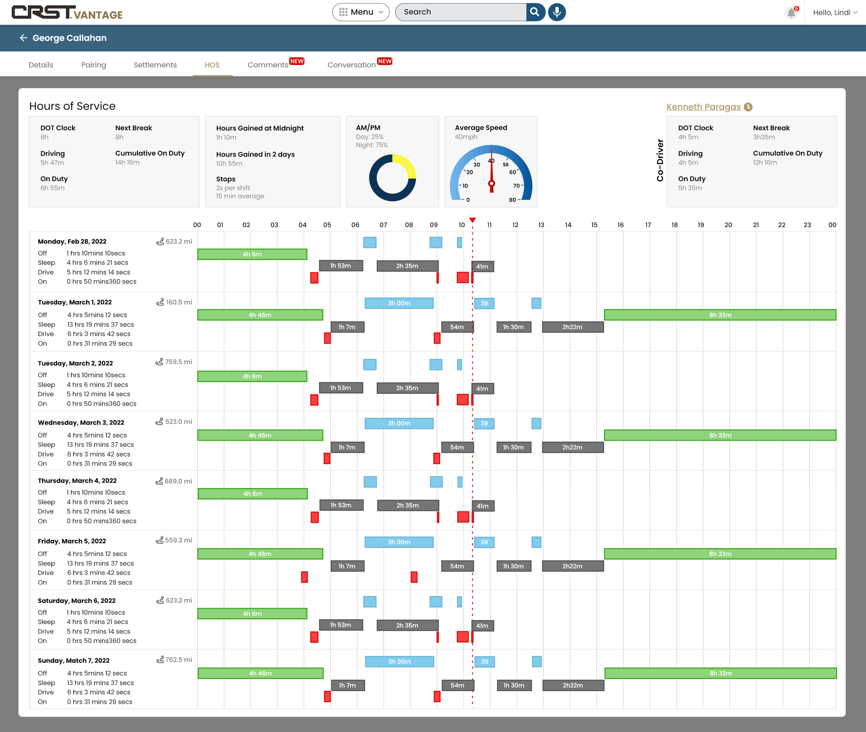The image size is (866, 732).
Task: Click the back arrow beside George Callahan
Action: [x=24, y=38]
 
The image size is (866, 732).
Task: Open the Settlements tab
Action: [x=155, y=65]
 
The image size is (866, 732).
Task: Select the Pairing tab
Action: [x=94, y=65]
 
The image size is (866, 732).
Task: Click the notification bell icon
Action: [x=791, y=13]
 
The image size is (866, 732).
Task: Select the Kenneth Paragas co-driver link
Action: [x=703, y=107]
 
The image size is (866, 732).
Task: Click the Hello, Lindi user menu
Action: [x=835, y=13]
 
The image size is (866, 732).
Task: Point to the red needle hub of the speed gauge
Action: [x=492, y=183]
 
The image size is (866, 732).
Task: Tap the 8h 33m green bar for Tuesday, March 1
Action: [x=720, y=315]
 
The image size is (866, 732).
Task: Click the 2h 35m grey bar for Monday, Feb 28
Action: [x=407, y=266]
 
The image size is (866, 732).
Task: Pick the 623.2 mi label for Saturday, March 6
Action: [x=179, y=600]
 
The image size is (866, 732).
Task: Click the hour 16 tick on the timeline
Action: [x=620, y=225]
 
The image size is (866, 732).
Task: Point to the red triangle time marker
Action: [x=472, y=220]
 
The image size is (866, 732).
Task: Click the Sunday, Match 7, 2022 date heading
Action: [x=74, y=661]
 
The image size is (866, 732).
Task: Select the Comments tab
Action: [x=268, y=65]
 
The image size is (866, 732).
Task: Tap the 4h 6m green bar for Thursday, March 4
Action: [x=253, y=494]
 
